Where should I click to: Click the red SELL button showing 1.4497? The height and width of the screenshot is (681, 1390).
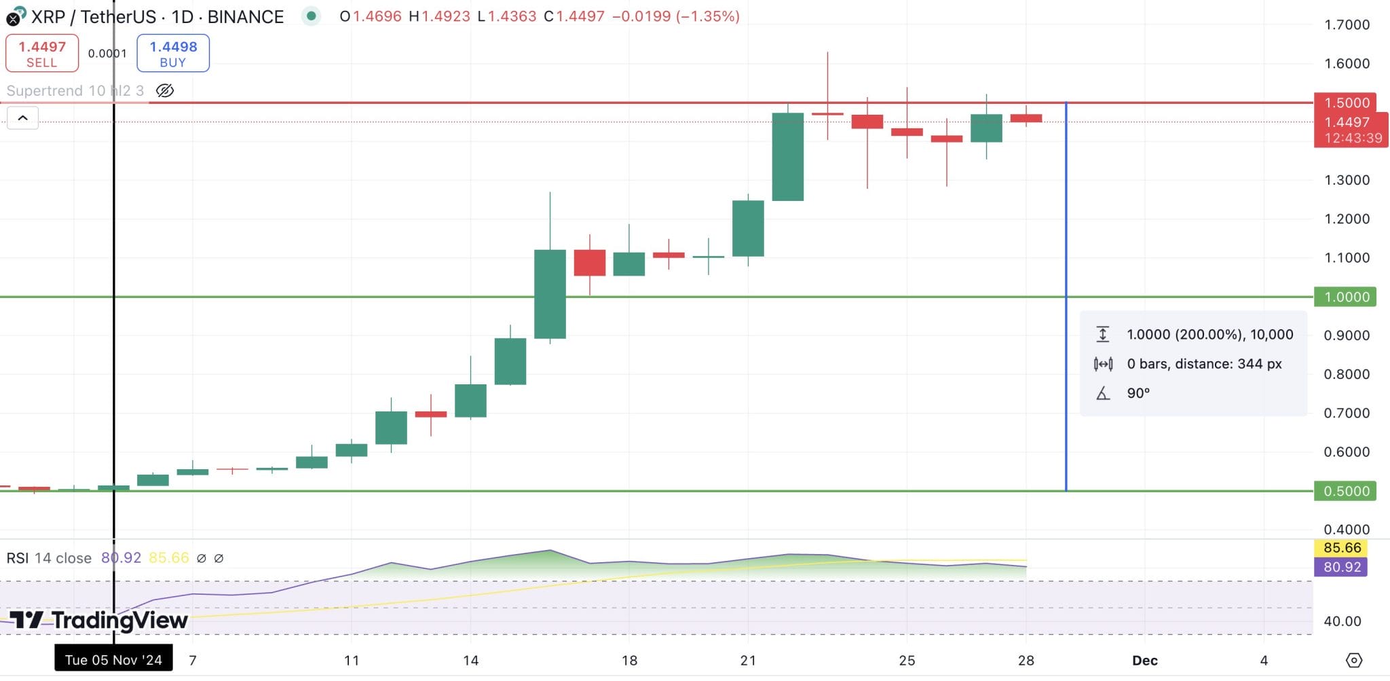[x=42, y=53]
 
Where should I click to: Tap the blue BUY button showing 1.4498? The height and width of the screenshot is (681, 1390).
[x=173, y=53]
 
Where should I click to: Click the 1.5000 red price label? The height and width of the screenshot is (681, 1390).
[x=1347, y=103]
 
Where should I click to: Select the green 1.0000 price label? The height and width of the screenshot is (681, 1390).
[x=1347, y=297]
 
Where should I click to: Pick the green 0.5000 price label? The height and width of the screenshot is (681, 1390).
[x=1347, y=491]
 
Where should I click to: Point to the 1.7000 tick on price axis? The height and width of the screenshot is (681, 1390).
[x=1347, y=25]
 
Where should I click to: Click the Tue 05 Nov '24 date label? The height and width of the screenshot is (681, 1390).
[x=113, y=660]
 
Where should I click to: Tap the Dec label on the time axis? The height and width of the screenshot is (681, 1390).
[x=1144, y=660]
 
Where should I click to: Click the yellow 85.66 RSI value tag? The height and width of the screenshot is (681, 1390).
[x=1341, y=547]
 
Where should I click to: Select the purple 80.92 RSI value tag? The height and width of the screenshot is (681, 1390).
[x=1341, y=566]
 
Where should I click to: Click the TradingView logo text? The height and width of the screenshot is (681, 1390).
[x=99, y=620]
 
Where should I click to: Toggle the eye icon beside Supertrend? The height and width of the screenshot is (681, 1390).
[x=165, y=91]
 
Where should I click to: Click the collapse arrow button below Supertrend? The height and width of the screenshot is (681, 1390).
[x=22, y=118]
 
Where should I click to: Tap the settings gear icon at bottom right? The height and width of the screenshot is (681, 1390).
[x=1353, y=660]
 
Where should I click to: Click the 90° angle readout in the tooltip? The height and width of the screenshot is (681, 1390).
[x=1138, y=393]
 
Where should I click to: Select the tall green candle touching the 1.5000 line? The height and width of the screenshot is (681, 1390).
[x=788, y=157]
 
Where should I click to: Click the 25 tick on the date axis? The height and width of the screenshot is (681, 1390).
[x=907, y=660]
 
